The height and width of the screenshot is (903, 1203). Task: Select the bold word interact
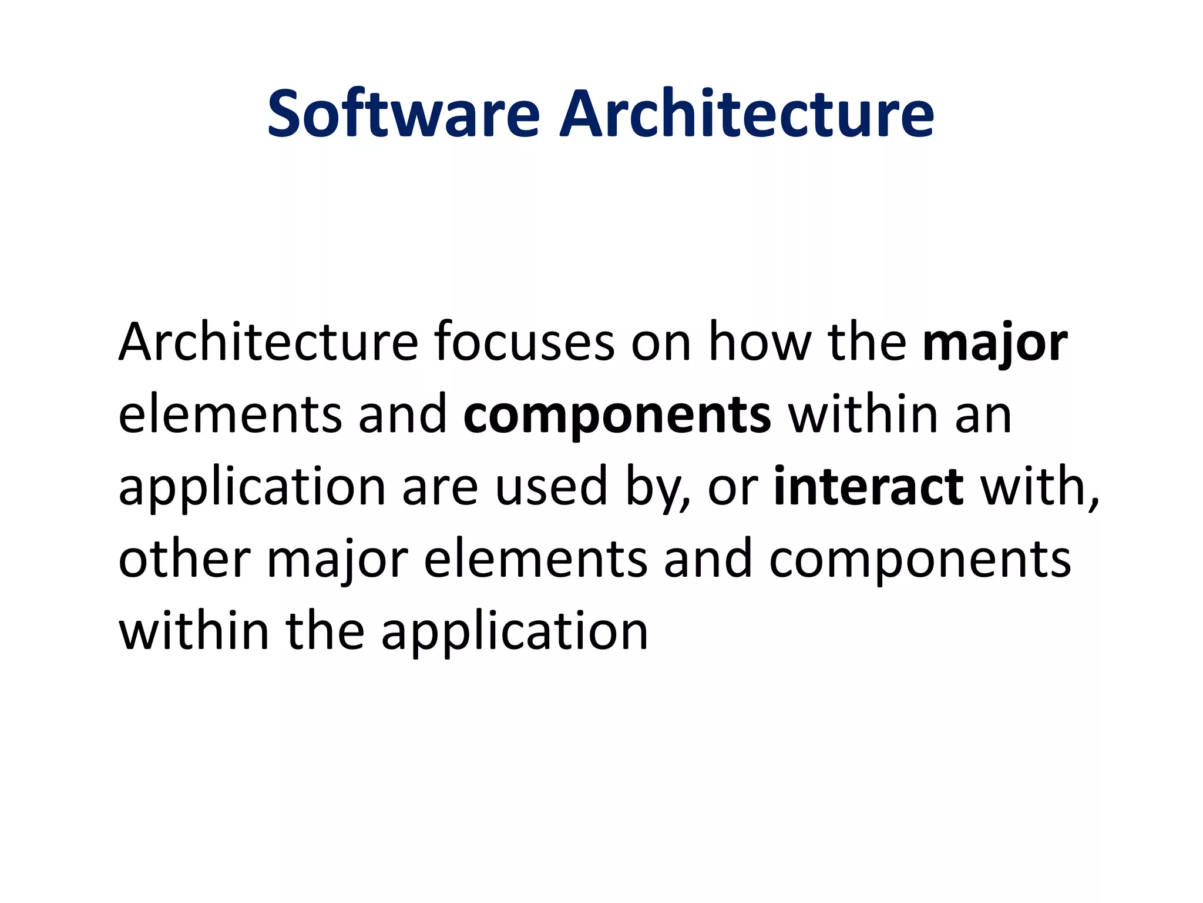pyautogui.click(x=868, y=487)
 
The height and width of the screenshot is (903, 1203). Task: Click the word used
pyautogui.click(x=551, y=487)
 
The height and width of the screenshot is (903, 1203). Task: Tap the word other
pyautogui.click(x=184, y=559)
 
